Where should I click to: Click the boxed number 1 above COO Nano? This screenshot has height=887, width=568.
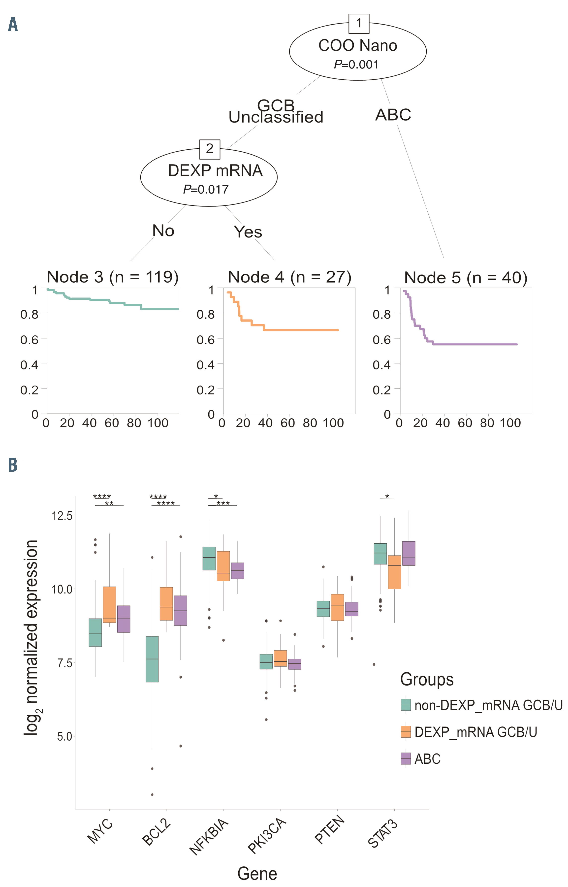point(358,24)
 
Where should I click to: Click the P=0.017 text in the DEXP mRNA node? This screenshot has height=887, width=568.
point(206,190)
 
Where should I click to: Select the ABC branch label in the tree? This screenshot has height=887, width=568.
point(393,115)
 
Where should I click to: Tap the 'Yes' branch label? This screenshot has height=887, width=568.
point(248,232)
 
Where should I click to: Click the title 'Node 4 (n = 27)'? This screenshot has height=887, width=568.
point(289,277)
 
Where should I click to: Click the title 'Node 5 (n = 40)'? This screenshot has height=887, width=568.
point(466,278)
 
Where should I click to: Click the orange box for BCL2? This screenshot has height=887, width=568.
point(166,604)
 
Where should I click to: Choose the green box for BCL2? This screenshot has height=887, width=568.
point(152,659)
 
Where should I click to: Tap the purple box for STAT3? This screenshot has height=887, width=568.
point(409,554)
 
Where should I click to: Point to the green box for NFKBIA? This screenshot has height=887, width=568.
point(209,558)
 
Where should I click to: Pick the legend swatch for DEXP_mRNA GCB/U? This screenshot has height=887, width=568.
point(406,738)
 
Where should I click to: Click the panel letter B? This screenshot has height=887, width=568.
point(13,465)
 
